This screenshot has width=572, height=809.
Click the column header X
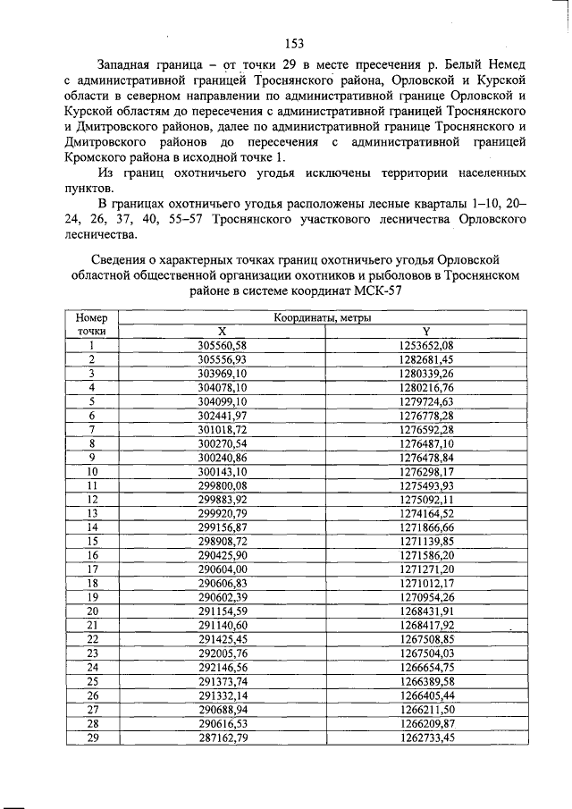[x=222, y=331]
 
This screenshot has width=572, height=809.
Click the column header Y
[x=426, y=331]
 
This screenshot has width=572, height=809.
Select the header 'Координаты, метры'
[x=324, y=317]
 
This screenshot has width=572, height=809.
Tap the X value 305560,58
[x=222, y=345]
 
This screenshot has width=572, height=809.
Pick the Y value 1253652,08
[x=426, y=345]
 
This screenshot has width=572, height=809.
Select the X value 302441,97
[x=222, y=416]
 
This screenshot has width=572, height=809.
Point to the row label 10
[x=91, y=471]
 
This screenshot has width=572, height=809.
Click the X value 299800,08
[x=222, y=485]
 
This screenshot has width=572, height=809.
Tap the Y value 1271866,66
[x=426, y=527]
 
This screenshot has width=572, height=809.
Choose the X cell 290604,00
[x=222, y=569]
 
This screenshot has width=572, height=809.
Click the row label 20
[x=91, y=611]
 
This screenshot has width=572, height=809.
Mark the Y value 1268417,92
[x=426, y=626]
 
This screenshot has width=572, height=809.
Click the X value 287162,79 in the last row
[x=222, y=737]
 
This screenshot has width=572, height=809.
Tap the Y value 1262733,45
[x=426, y=737]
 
